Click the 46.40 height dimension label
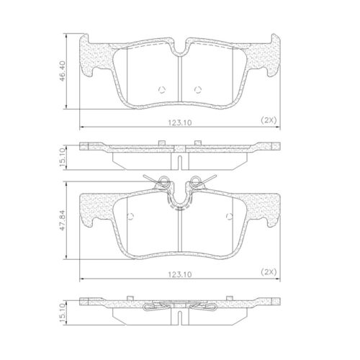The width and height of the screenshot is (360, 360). coord(63,71)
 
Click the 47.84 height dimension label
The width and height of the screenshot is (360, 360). coord(63,220)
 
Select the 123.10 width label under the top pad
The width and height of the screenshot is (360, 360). coord(180,123)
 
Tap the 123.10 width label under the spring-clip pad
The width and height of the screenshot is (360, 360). coord(180,274)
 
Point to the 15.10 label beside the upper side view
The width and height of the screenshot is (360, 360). coord(62,158)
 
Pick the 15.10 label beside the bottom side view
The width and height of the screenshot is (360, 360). coord(62,313)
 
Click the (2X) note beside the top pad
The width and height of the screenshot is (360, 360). coord(269,120)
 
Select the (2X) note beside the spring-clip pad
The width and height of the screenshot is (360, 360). coord(269,272)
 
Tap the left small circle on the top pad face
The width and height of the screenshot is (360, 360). coord(162,90)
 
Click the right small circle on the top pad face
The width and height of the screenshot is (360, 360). coord(198,90)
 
